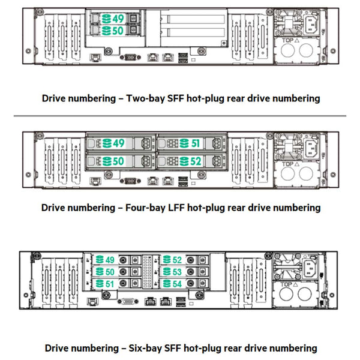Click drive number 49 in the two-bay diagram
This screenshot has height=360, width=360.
(113, 19)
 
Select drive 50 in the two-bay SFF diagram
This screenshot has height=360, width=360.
(113, 30)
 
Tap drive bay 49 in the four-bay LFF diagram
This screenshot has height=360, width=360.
(121, 143)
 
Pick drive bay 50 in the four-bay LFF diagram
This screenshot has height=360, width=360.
(121, 161)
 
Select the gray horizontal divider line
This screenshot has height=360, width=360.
(180, 115)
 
